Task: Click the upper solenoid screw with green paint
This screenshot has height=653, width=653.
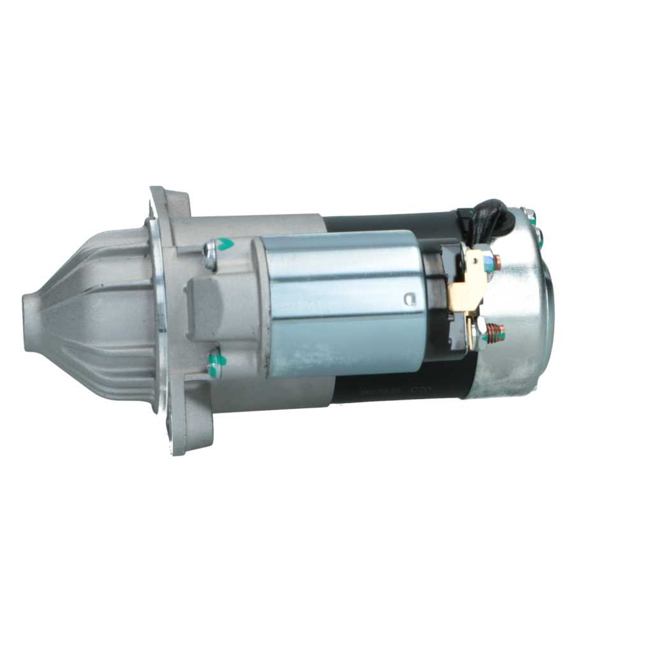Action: (x=216, y=251)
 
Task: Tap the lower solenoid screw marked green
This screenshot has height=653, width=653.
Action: (x=215, y=364)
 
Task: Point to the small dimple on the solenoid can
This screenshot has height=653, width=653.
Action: (x=409, y=300)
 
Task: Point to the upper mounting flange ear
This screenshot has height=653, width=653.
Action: (x=168, y=202)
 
